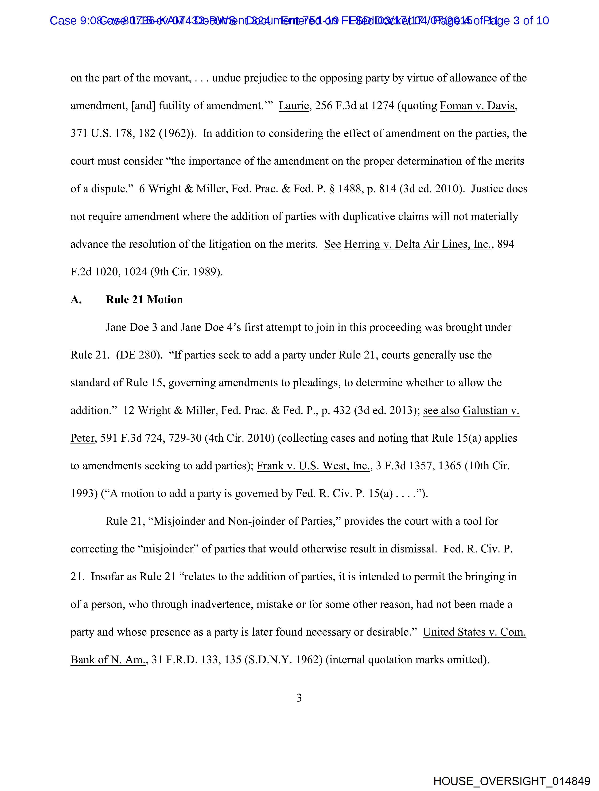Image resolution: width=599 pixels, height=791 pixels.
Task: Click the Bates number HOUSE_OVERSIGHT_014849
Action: coord(511,781)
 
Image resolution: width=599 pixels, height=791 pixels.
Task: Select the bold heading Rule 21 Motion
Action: coord(144,300)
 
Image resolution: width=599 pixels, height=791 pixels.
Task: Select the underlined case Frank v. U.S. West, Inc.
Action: coord(313,466)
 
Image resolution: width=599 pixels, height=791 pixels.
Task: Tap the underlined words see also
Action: coord(441,410)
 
